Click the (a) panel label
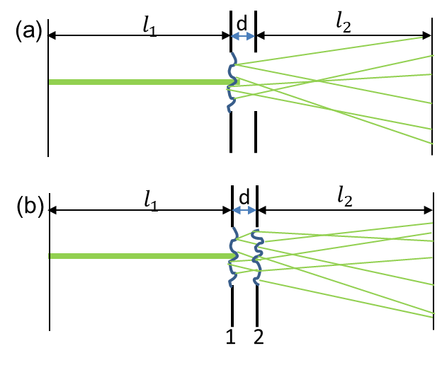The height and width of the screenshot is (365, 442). tap(29, 30)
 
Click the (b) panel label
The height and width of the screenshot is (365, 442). tap(30, 205)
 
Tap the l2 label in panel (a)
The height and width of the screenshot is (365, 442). tap(344, 24)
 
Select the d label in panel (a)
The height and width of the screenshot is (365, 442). tap(242, 23)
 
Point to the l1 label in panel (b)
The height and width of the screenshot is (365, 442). tap(151, 202)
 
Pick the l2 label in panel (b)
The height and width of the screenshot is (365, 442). tap(345, 197)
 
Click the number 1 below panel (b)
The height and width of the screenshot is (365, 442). tap(231, 336)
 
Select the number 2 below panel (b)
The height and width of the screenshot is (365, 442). tap(259, 336)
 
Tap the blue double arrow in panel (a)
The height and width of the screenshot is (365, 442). tap(243, 36)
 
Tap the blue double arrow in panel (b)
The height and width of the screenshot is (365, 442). tap(244, 210)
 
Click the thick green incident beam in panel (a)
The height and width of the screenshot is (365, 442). tap(144, 82)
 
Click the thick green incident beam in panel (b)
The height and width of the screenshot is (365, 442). tap(142, 256)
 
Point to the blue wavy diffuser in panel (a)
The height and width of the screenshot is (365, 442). tap(232, 83)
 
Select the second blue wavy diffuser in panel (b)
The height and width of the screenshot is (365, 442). tap(258, 257)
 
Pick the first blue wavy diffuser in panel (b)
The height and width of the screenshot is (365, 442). tap(233, 257)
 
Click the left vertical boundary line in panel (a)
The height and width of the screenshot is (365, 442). tap(48, 88)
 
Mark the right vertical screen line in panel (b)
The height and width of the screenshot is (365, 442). tap(433, 261)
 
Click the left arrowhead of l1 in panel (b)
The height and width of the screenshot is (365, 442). tap(52, 210)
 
